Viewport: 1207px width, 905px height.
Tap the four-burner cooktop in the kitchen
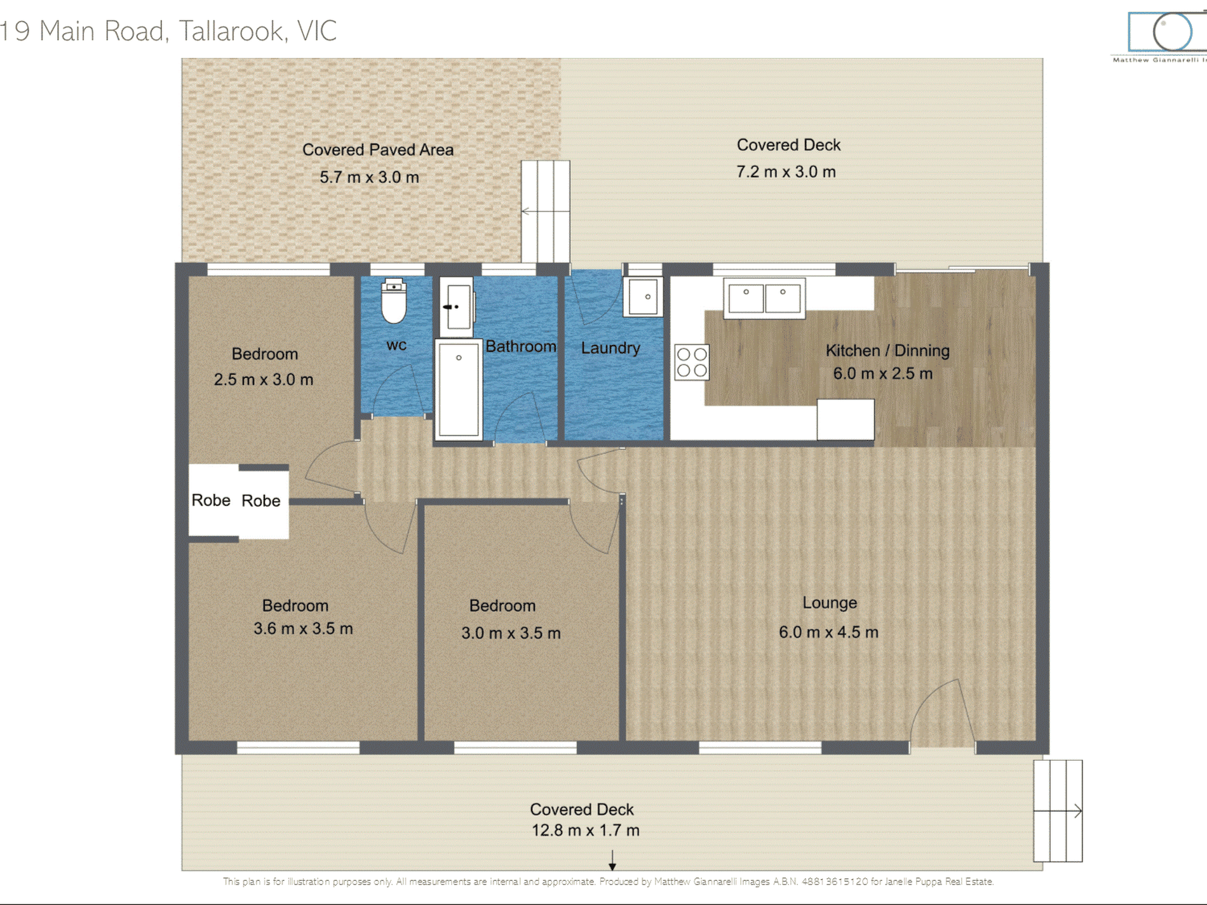tap(692, 362)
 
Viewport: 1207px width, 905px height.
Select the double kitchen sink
tap(764, 298)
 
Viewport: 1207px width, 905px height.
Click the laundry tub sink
tap(643, 296)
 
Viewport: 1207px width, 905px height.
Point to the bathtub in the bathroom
tap(459, 389)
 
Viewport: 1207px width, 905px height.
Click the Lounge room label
tap(829, 603)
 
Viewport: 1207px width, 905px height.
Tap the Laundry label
tap(610, 348)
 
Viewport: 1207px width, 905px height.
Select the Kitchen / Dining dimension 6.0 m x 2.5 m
tap(882, 373)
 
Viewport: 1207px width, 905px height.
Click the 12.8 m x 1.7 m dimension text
tap(585, 830)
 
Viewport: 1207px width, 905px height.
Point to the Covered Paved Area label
tap(378, 150)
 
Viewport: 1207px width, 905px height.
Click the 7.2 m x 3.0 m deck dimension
tap(786, 171)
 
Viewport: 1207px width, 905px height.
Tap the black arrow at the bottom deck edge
tap(612, 861)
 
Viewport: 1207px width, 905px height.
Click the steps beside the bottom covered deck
tap(1058, 811)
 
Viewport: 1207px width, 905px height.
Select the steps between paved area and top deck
tap(546, 211)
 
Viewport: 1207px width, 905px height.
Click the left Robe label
tap(211, 500)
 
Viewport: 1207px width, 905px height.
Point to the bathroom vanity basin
tap(457, 307)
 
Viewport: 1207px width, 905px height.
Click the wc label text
tap(396, 345)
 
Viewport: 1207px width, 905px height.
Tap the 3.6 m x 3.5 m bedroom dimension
tap(303, 629)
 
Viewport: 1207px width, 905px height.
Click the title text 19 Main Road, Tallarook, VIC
tap(168, 30)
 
